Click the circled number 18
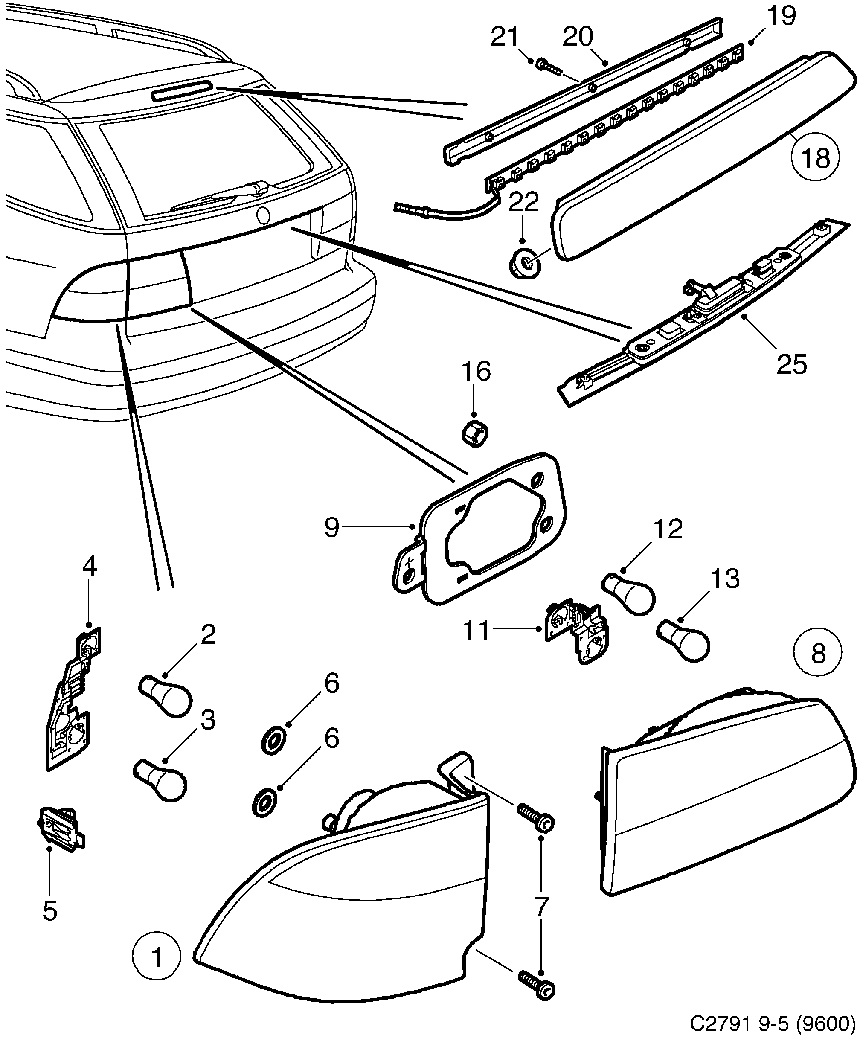pyautogui.click(x=816, y=158)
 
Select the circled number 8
pyautogui.click(x=818, y=654)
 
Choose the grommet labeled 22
pyautogui.click(x=525, y=264)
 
